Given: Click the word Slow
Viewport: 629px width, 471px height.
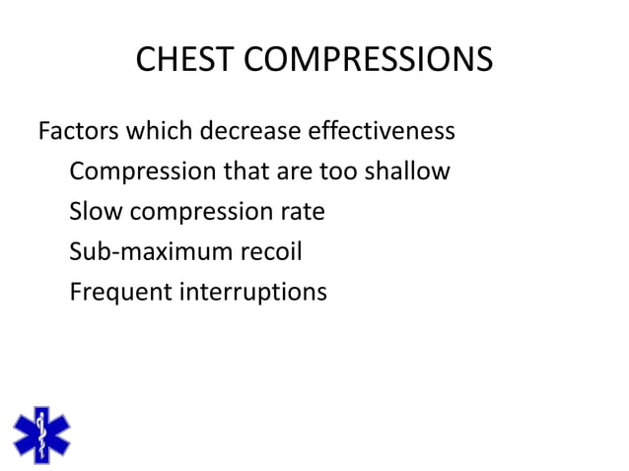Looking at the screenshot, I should click(96, 212).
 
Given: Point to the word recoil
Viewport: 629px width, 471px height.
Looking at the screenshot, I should click(270, 252).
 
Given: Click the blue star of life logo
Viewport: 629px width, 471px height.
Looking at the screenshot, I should click(41, 435).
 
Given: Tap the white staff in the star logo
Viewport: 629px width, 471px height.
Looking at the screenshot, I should click(41, 435).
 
